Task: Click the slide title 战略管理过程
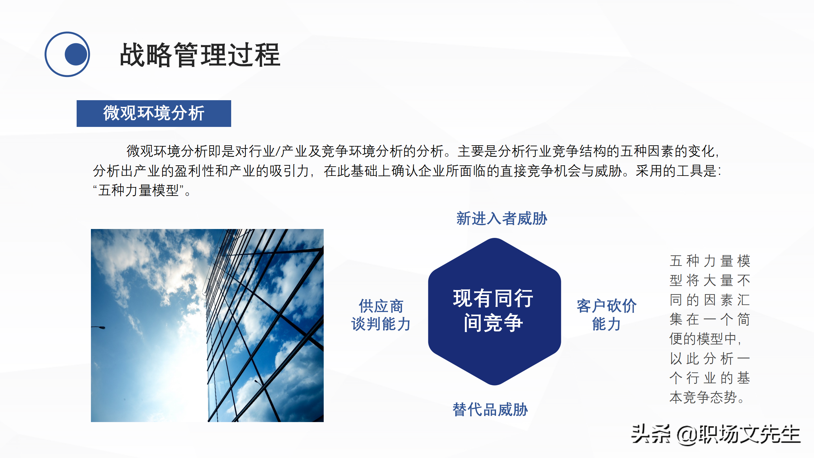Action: pos(200,55)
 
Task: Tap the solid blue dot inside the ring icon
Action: pos(76,54)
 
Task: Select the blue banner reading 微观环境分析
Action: pos(154,113)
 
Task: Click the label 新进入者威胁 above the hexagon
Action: pos(501,219)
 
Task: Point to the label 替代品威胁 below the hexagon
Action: pos(490,409)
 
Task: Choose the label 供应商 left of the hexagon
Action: pos(381,306)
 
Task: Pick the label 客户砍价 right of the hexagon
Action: pos(606,306)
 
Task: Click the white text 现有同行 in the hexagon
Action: pos(493,298)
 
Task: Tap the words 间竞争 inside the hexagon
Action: pos(493,323)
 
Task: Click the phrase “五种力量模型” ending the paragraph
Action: pos(139,191)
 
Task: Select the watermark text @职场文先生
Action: pos(738,434)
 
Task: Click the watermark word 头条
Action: pos(651,434)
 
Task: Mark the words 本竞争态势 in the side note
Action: pos(703,398)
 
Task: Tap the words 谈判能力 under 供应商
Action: pos(381,324)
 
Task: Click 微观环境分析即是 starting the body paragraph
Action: pos(174,151)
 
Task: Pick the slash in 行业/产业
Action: pos(278,151)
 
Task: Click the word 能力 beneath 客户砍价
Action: pos(606,324)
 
